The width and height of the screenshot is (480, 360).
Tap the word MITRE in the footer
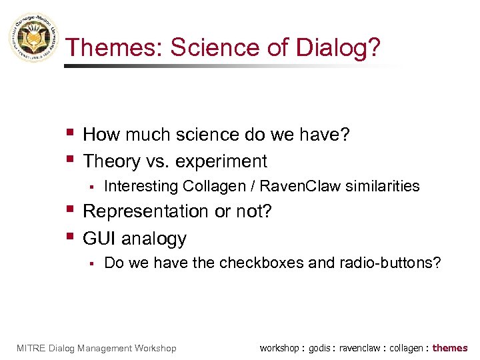pos(29,348)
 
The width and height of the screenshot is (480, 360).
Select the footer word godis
pos(322,348)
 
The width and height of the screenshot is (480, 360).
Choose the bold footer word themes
pos(451,348)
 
